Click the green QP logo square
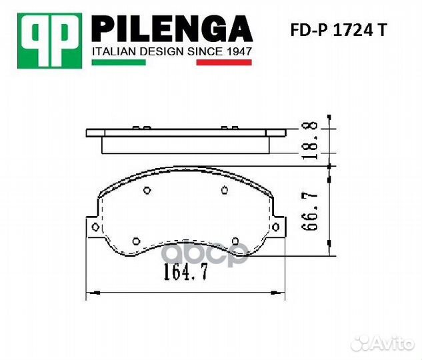[50, 40]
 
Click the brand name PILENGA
[171, 29]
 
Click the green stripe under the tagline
[117, 63]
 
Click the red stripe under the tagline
[223, 63]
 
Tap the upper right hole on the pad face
[224, 191]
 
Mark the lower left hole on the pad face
[136, 241]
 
